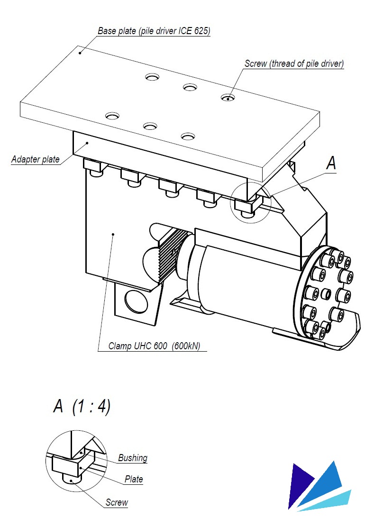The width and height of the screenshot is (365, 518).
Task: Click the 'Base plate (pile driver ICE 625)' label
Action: point(154,31)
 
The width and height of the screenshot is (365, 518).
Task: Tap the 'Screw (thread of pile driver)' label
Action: point(294,64)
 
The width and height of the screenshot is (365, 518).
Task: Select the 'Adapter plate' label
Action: point(36,159)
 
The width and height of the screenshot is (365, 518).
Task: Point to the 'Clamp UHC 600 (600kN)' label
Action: point(154,346)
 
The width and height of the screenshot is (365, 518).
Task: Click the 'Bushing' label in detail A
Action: point(133,458)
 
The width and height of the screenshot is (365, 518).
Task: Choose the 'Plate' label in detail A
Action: point(134,479)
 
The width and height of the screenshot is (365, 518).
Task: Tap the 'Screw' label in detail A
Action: point(117,502)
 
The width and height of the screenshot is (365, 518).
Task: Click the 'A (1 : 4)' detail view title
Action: point(82,406)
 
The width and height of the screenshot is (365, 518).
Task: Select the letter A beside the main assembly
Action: point(331,163)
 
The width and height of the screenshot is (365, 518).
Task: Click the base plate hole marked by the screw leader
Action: point(228,98)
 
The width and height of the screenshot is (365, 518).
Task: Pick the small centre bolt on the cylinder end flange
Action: point(326,293)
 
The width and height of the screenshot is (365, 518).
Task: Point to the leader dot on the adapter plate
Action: point(87,143)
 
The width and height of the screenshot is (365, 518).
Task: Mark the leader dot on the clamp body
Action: point(113,234)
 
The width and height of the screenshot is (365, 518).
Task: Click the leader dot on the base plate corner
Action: point(80,53)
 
